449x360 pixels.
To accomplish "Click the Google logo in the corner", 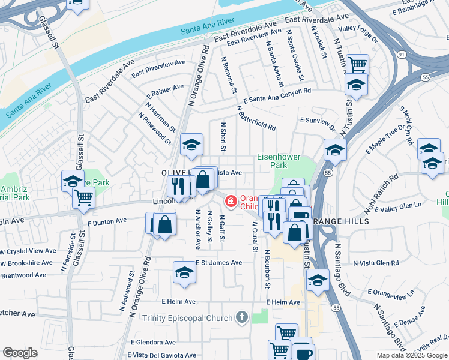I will [x=20, y=353].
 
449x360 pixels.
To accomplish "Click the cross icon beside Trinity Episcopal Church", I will [x=241, y=317].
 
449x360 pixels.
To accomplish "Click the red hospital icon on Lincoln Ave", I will [x=229, y=200].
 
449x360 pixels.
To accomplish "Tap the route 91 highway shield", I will [x=400, y=55].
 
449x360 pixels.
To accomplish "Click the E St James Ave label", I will [x=218, y=263].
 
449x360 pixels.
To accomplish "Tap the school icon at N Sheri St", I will [x=191, y=144].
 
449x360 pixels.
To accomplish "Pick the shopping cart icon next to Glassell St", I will [x=84, y=197].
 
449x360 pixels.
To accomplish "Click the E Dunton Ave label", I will [x=107, y=221].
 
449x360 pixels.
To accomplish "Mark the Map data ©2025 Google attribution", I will [x=412, y=355].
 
